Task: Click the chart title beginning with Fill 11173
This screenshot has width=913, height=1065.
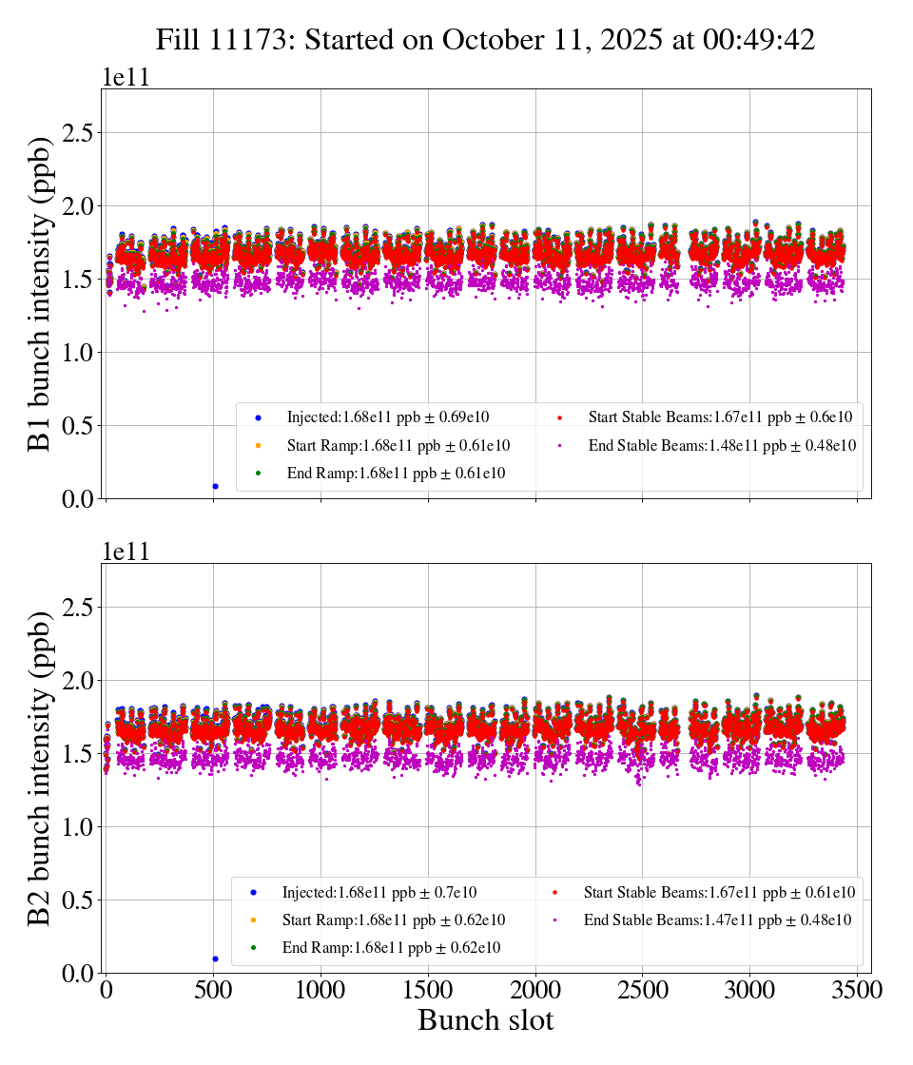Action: [485, 39]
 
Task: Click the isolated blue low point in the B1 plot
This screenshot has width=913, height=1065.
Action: [215, 486]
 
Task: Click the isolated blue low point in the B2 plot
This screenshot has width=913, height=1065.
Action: [215, 958]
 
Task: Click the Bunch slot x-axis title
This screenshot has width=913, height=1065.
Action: [485, 1021]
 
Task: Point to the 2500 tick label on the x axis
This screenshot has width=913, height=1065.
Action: [643, 990]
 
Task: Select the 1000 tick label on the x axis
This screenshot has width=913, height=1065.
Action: [321, 990]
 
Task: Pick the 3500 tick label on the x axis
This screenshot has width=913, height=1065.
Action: [857, 990]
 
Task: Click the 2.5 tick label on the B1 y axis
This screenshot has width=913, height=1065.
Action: [81, 133]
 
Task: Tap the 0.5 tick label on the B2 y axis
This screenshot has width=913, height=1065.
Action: [81, 900]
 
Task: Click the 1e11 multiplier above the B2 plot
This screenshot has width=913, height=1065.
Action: [126, 552]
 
